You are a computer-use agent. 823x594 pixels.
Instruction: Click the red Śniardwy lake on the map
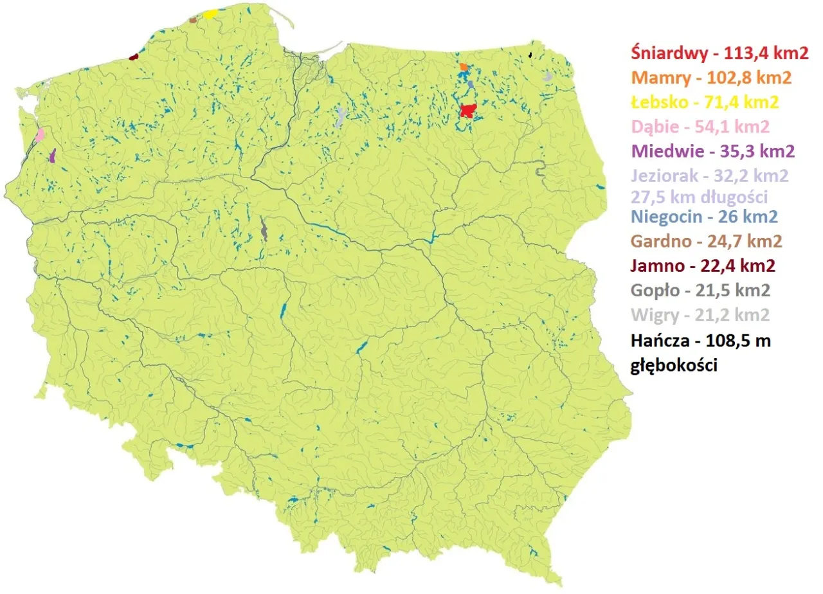[467, 111]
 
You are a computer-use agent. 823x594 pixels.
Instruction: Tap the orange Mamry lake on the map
[464, 67]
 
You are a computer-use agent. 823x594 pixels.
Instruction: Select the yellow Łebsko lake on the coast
[210, 14]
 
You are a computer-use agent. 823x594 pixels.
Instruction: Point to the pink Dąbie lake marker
[41, 134]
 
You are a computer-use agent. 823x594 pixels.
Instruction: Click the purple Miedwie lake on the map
[53, 155]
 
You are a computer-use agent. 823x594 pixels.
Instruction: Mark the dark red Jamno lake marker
[133, 57]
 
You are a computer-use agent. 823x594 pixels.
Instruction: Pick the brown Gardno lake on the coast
[192, 20]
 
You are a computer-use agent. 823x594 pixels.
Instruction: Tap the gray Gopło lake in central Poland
[264, 230]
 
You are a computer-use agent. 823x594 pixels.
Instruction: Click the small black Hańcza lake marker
[530, 55]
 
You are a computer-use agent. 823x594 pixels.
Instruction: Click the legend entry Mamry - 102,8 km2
[711, 78]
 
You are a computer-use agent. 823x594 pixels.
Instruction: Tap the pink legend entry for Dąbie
[700, 127]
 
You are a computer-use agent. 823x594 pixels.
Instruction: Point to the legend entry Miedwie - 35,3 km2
[713, 152]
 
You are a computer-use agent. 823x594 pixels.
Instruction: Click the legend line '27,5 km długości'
[700, 196]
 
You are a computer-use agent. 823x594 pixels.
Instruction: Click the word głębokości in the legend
[674, 365]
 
